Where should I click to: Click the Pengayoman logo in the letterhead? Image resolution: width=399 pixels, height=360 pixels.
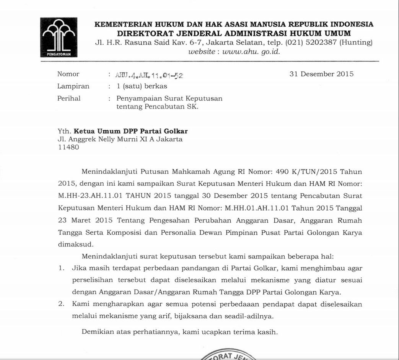[x=59, y=37]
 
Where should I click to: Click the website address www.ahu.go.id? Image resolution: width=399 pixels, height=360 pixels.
[x=251, y=52]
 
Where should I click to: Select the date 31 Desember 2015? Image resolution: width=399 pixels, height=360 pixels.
[x=321, y=74]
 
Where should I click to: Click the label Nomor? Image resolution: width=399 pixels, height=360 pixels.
[x=68, y=74]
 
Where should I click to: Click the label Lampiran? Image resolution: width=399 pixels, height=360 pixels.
[x=73, y=86]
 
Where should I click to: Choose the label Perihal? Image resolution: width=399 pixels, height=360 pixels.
[x=69, y=98]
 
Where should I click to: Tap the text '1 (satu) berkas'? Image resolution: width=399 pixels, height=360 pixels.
[x=142, y=86]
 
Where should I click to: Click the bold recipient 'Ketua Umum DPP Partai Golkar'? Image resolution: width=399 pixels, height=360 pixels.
[x=130, y=131]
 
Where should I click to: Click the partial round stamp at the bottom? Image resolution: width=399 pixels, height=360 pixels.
[x=226, y=355]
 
